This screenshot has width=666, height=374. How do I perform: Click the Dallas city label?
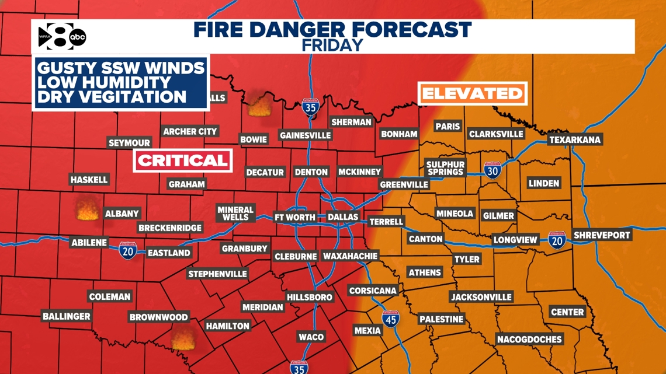[342, 217]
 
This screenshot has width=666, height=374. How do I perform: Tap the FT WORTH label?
[295, 217]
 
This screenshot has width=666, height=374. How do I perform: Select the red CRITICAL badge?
[183, 160]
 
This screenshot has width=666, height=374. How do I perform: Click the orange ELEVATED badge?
[472, 93]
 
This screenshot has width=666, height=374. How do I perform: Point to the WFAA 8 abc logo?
[61, 37]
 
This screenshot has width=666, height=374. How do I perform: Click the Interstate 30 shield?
[492, 170]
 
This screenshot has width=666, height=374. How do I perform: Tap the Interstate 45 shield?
[390, 319]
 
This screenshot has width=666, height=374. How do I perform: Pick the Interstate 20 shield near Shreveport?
[557, 240]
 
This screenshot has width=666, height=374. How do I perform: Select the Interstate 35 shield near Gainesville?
[310, 108]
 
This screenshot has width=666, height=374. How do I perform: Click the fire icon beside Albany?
[88, 211]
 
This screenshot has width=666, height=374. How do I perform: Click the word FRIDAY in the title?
[332, 45]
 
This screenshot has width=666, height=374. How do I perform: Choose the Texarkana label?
[574, 140]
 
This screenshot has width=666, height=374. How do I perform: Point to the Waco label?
[311, 337]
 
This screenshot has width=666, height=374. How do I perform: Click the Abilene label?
[89, 243]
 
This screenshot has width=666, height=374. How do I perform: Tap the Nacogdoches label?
[529, 339]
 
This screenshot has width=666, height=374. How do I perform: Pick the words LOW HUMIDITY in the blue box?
[104, 82]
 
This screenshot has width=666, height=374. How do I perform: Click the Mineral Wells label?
[235, 213]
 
